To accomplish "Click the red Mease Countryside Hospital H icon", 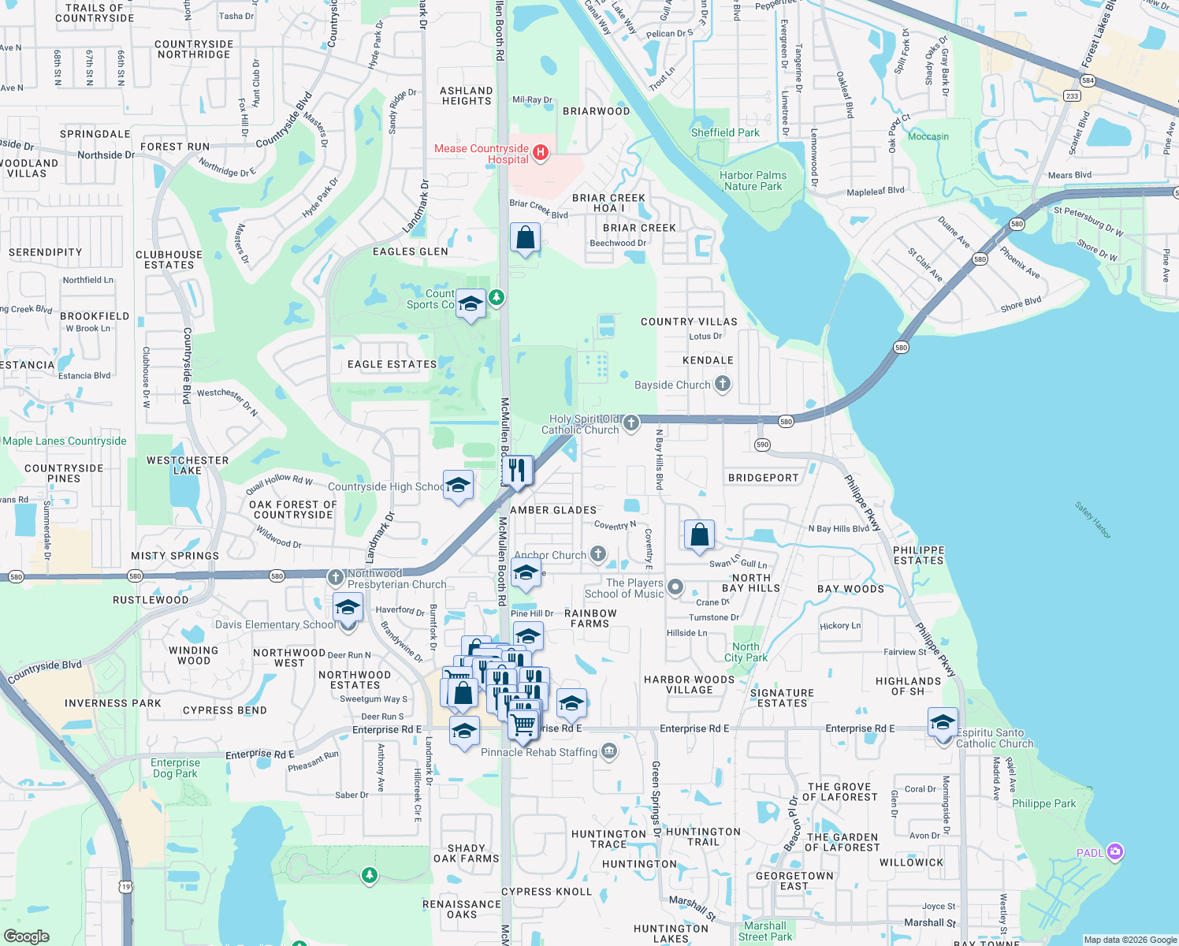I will (x=541, y=153).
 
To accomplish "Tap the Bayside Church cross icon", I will (x=723, y=384).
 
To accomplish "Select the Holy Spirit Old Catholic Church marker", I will (x=630, y=424).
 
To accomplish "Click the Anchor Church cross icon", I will (x=598, y=554).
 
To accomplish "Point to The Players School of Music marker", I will (x=675, y=587).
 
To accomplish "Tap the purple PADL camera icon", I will (x=1114, y=851).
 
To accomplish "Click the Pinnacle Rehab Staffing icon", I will (x=608, y=751).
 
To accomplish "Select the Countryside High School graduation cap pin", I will (x=458, y=486).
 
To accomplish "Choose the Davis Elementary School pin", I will (x=348, y=609).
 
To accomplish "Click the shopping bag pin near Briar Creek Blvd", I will (x=526, y=237).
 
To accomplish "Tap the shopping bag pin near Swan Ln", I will (x=699, y=535).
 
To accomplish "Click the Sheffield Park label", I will (x=725, y=132).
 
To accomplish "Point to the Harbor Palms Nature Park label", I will (x=753, y=181).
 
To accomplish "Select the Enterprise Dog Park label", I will (x=175, y=768).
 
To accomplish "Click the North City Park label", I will (x=746, y=652).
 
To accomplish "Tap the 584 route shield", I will (x=1088, y=80).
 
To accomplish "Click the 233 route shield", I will (x=1072, y=96).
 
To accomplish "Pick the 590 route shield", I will (x=761, y=445).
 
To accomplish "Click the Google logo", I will (x=27, y=936).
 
